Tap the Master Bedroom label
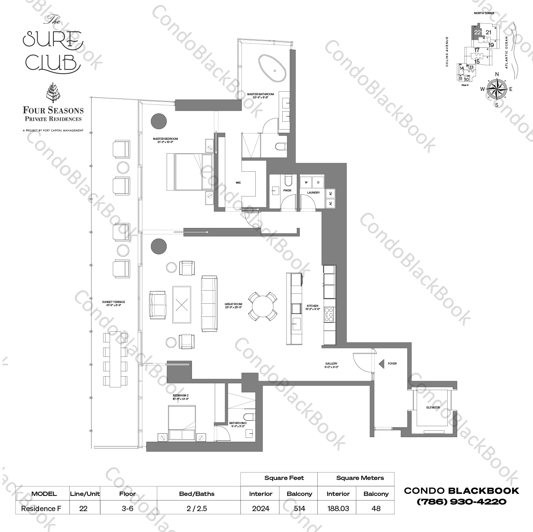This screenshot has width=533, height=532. [x=165, y=140]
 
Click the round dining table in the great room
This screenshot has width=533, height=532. [x=262, y=306]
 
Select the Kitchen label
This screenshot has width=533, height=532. [x=312, y=307]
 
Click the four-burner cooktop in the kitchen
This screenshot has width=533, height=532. [x=329, y=315]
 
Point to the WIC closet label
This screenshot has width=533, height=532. [x=238, y=183]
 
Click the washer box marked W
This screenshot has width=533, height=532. [x=306, y=182]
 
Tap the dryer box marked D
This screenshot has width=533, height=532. [x=318, y=182]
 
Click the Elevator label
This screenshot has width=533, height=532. [x=433, y=407]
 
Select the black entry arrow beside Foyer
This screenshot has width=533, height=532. [x=381, y=364]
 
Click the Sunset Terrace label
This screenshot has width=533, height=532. [x=113, y=303]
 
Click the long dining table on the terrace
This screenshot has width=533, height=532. [x=115, y=359]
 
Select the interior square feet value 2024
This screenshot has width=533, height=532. [x=261, y=508]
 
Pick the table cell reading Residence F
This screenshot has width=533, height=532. [x=41, y=508]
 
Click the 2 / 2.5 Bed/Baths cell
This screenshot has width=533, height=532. [x=197, y=508]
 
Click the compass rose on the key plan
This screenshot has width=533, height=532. [x=497, y=89]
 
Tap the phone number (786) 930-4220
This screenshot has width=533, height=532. [x=461, y=502]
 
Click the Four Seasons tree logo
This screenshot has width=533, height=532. [x=53, y=93]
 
